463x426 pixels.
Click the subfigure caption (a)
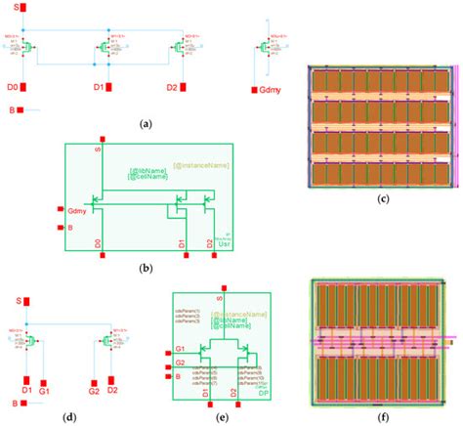coord(147,124)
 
